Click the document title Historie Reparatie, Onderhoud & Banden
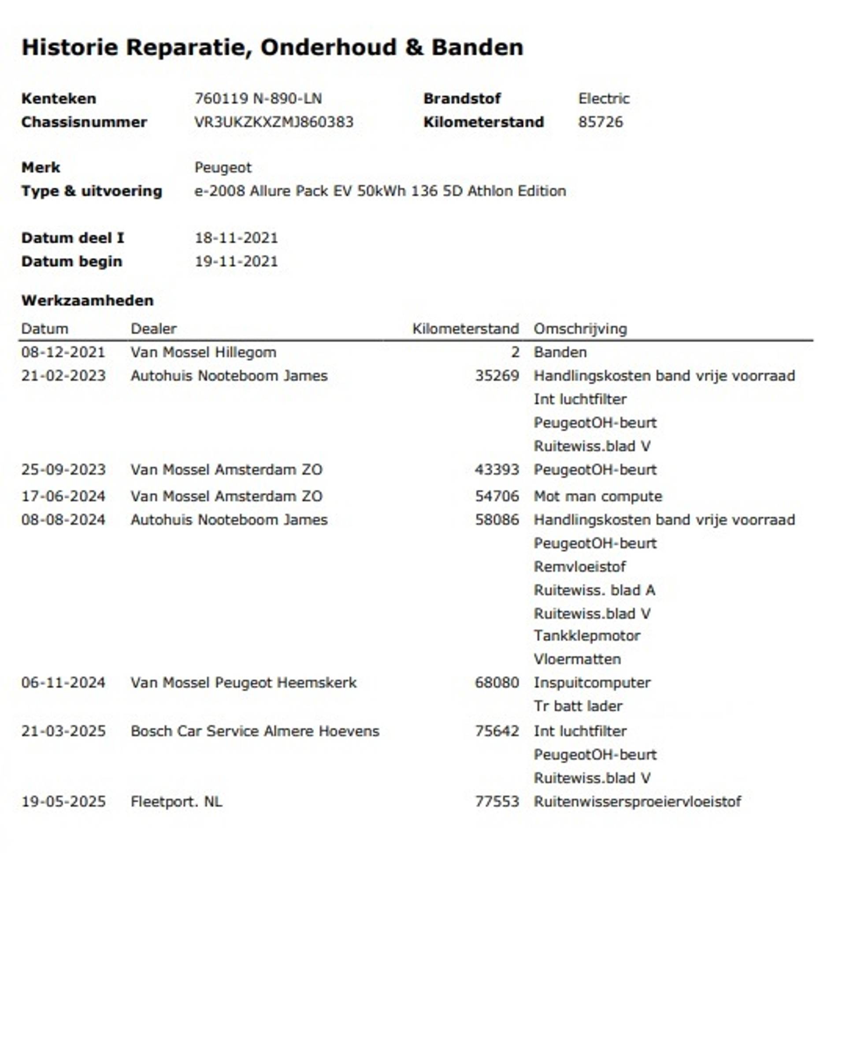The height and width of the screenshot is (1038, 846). coord(272,48)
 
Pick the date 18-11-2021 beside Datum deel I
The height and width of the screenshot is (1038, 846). coord(236,238)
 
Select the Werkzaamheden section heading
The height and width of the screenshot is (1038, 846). coord(87,300)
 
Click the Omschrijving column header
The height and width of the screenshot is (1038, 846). coord(580,329)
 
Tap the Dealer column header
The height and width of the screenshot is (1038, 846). coord(153,329)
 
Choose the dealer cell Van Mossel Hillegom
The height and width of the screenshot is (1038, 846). coord(203,352)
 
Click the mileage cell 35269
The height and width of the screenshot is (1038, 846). coord(497,376)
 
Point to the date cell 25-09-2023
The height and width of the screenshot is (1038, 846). coord(63,469)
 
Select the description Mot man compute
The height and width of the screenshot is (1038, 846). coord(597,496)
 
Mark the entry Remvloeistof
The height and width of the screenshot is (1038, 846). coord(579,566)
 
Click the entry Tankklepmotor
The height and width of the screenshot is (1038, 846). coord(587,635)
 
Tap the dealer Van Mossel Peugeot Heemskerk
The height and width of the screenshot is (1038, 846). coord(243,683)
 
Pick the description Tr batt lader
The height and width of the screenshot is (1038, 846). coord(578,706)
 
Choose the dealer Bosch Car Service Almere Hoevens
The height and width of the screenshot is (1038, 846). coord(254,731)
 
